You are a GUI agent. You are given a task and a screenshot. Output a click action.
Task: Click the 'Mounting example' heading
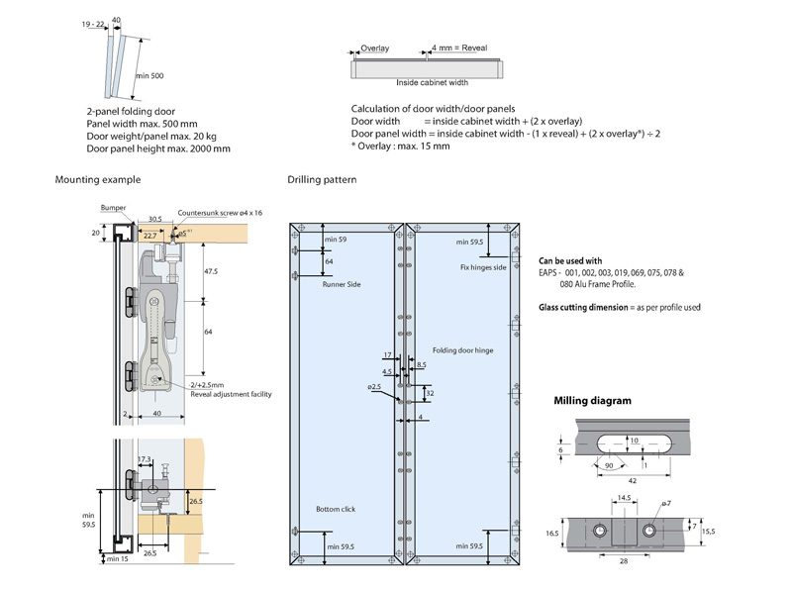(x=98, y=179)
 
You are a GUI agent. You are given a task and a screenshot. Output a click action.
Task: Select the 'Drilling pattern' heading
(x=322, y=179)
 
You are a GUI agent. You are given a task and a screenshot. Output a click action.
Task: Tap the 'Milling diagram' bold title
(x=592, y=401)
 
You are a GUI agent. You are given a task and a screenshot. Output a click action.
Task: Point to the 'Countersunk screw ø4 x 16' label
(x=220, y=213)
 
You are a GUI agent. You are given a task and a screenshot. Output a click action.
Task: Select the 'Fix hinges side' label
(x=483, y=267)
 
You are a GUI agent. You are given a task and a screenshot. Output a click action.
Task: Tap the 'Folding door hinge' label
(x=462, y=350)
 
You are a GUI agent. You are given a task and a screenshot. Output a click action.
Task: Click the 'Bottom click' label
(x=336, y=509)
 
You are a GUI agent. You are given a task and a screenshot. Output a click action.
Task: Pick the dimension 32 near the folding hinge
(x=429, y=392)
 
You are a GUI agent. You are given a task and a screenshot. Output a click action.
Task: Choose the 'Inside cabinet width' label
(x=429, y=83)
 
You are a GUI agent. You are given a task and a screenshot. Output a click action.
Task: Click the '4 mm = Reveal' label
(x=454, y=48)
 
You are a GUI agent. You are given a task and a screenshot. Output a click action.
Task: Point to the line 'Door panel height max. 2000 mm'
(x=157, y=148)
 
